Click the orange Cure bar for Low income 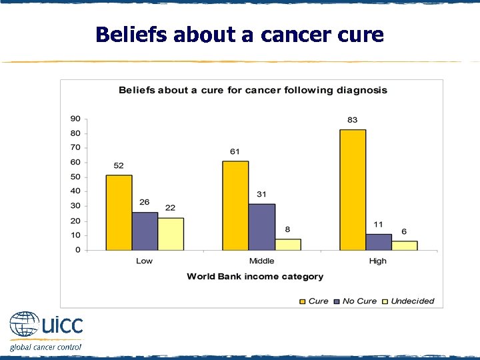[x=119, y=213]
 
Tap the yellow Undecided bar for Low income [x=171, y=234]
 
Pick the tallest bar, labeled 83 [x=353, y=190]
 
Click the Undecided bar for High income [x=404, y=245]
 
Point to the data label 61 [x=235, y=152]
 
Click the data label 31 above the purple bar [x=261, y=195]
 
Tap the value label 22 [x=171, y=208]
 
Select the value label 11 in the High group [x=379, y=225]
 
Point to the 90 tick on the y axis [x=75, y=119]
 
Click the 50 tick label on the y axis [x=75, y=177]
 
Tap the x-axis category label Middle [x=261, y=261]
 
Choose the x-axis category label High [x=378, y=261]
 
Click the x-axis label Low [x=144, y=261]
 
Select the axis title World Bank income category [x=255, y=277]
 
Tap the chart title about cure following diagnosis [x=253, y=90]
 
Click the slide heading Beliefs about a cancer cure [x=239, y=35]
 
